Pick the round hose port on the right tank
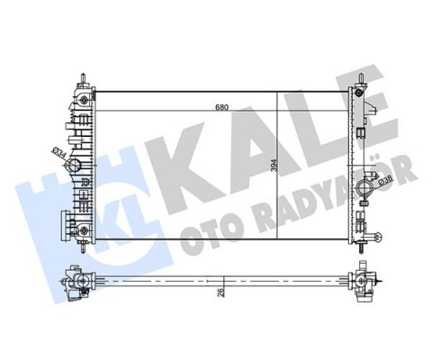[366, 190]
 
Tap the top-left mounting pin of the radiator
[82, 76]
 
